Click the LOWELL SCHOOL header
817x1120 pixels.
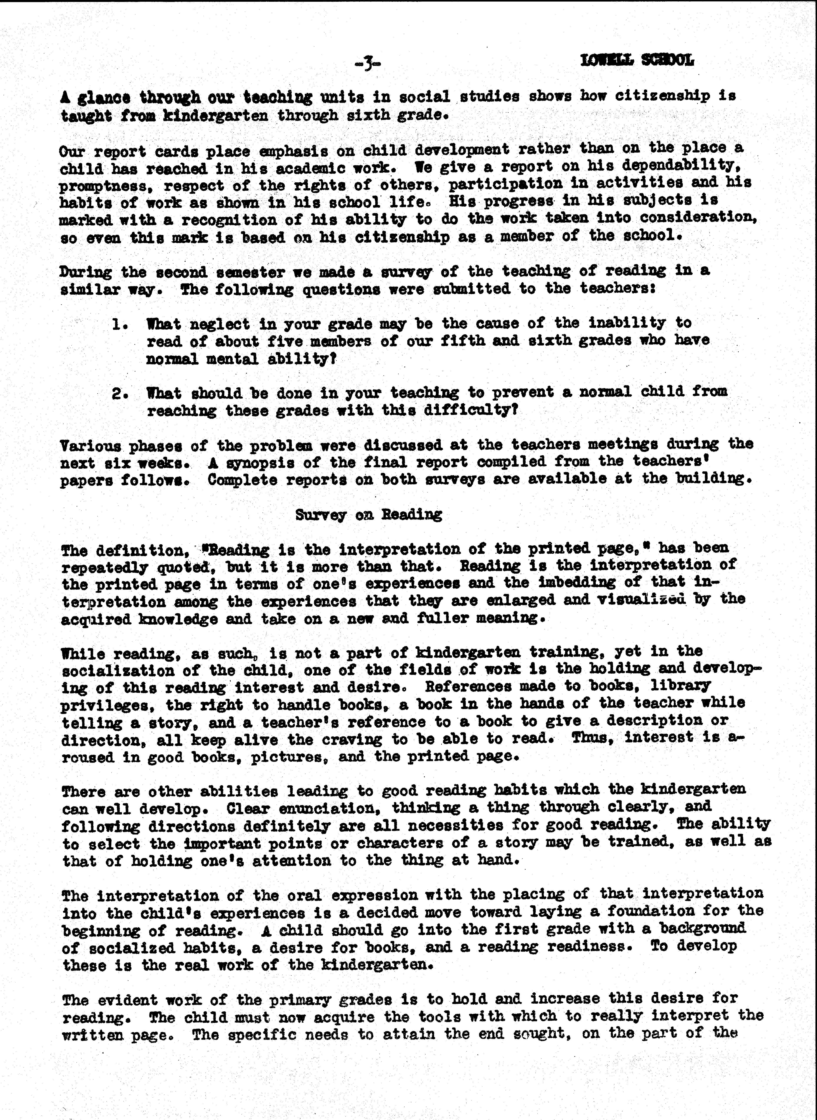pos(637,60)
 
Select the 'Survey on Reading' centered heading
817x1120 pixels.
pos(368,515)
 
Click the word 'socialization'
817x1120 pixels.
pos(118,671)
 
